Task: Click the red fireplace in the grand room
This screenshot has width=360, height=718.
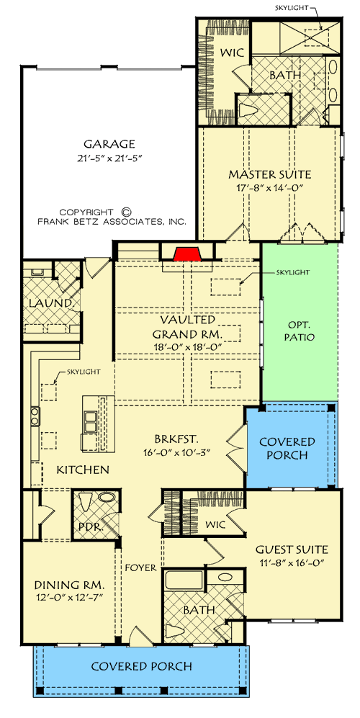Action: (187, 253)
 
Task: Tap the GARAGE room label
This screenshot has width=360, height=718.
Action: (109, 144)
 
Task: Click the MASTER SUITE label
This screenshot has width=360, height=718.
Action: (269, 174)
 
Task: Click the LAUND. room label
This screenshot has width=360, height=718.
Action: (52, 303)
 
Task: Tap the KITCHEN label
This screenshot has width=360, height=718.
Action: (83, 470)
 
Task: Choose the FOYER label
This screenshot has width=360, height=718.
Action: (140, 567)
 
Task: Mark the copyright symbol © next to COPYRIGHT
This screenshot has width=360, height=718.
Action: (125, 212)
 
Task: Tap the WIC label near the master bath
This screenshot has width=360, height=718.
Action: (233, 53)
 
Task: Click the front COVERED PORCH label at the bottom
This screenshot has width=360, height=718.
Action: (141, 666)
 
